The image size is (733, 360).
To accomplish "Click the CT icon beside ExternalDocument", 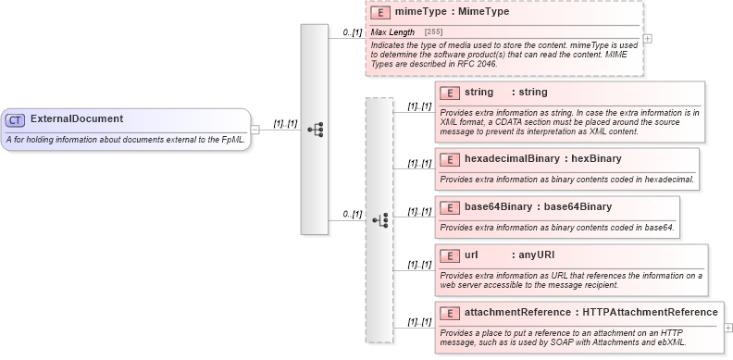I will click(x=16, y=120).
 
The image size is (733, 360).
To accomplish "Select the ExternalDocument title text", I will click(x=77, y=119).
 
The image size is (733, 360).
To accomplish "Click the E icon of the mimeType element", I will click(x=379, y=13).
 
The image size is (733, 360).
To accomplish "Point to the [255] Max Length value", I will click(x=433, y=32).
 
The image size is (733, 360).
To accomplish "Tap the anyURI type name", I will click(x=536, y=254).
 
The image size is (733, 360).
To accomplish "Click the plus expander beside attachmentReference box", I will click(x=728, y=327).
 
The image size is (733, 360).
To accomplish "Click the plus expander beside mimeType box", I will click(x=648, y=38).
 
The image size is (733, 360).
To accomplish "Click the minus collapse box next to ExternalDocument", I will click(x=255, y=129).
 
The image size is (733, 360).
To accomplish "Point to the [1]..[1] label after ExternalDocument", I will click(x=284, y=123).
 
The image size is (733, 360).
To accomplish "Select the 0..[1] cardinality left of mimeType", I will click(x=352, y=32).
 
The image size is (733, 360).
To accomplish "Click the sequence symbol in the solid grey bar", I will click(x=315, y=130).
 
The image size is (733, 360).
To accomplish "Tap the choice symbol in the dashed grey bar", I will click(x=379, y=220).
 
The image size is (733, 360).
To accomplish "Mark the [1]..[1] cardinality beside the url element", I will click(x=419, y=265).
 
